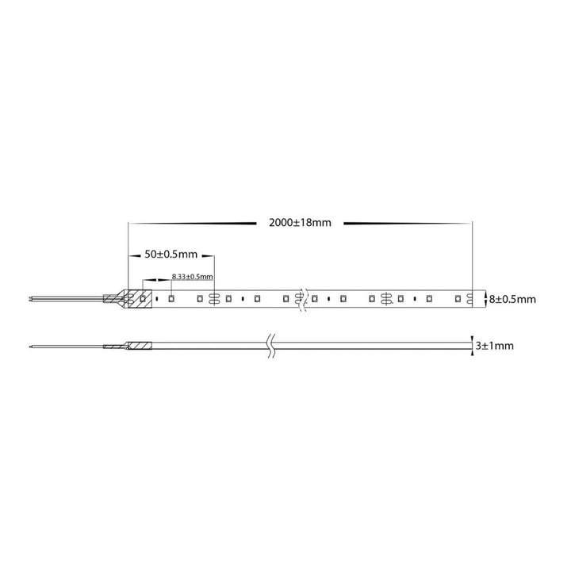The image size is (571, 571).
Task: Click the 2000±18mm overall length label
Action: (300, 223)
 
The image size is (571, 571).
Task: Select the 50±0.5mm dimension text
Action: (171, 255)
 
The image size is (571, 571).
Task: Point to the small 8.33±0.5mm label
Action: (192, 277)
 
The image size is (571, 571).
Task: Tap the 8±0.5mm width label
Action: (512, 299)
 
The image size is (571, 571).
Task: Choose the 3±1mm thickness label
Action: (495, 346)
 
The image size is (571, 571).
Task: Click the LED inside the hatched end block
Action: (143, 299)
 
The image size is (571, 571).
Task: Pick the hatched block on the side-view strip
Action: (139, 345)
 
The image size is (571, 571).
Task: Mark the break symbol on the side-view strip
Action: (270, 346)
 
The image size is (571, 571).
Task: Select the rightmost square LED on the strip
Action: (458, 299)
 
